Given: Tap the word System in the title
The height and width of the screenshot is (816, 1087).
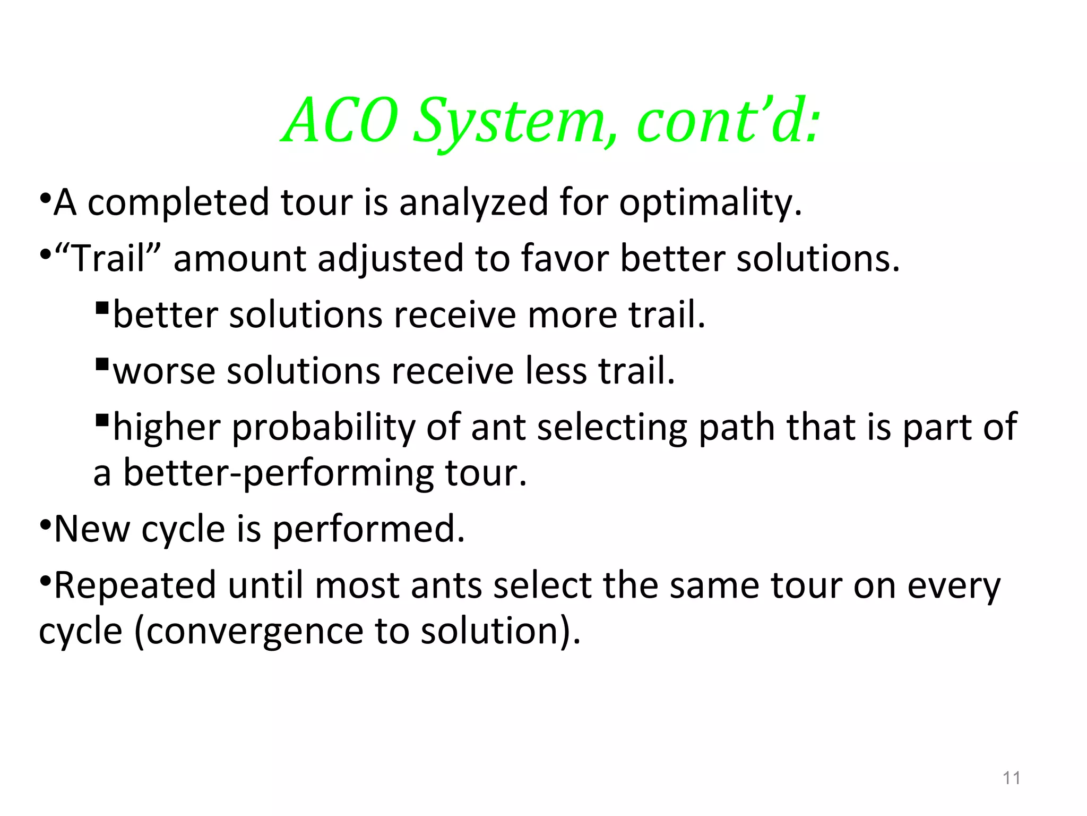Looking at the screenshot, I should (510, 122).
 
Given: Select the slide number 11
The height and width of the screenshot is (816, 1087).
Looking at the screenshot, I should (1012, 778).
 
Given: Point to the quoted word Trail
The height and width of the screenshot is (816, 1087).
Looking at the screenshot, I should (108, 259).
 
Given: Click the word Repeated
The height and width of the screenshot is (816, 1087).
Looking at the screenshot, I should (135, 585).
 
